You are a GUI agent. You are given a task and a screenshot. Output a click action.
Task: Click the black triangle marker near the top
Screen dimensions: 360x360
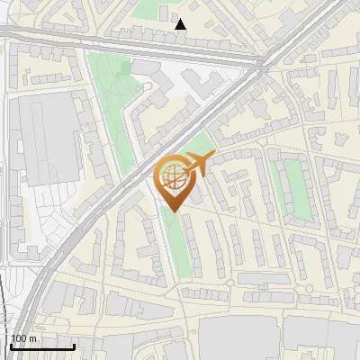[x=181, y=24]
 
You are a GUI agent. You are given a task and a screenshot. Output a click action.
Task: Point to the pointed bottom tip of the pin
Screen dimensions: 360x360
[x=173, y=211]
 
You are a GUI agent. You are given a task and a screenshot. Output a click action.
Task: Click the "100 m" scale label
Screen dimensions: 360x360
[x=23, y=338]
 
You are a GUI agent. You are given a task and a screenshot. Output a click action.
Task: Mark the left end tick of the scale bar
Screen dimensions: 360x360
[x=10, y=346]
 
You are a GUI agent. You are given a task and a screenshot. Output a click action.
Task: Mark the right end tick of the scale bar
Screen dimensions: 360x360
[x=74, y=346]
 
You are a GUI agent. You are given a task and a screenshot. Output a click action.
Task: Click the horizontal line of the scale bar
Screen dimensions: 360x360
[x=41, y=347]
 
